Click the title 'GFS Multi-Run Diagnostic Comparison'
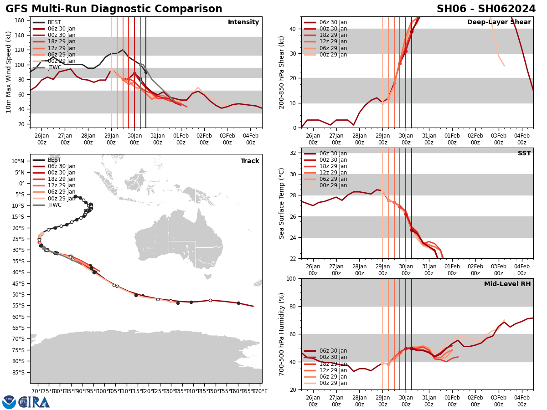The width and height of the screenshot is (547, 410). point(114,9)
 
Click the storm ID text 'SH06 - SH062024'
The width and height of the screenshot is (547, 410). point(486,9)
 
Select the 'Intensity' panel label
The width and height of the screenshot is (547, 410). point(243,22)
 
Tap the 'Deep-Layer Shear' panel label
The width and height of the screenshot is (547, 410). point(499,22)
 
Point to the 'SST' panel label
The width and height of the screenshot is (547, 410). point(524,154)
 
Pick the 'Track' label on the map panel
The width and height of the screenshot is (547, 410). point(250,161)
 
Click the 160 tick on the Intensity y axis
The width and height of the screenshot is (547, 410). point(21,20)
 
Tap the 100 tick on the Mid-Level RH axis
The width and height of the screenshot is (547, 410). point(292,278)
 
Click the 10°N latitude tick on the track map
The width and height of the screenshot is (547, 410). point(18,161)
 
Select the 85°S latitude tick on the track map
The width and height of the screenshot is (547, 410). point(18,373)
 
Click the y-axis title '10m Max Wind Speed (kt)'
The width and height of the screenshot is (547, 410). point(9,72)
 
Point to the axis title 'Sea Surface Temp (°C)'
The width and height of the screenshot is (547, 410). point(282,203)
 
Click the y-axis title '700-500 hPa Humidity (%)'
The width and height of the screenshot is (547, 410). point(282,334)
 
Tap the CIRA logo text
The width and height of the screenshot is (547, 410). point(34,402)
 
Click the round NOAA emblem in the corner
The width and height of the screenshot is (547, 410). point(9,402)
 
